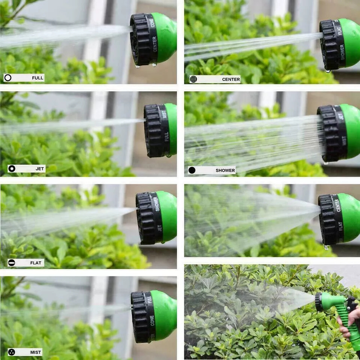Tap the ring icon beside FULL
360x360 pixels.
pyautogui.click(x=8, y=78)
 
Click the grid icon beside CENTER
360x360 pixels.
pyautogui.click(x=193, y=79)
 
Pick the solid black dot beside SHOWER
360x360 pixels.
pyautogui.click(x=192, y=170)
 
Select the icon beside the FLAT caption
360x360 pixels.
pyautogui.click(x=12, y=263)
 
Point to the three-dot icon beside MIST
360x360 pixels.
pyautogui.click(x=12, y=352)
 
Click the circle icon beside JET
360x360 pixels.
pyautogui.click(x=12, y=169)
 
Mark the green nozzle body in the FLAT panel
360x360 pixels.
pyautogui.click(x=166, y=217)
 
